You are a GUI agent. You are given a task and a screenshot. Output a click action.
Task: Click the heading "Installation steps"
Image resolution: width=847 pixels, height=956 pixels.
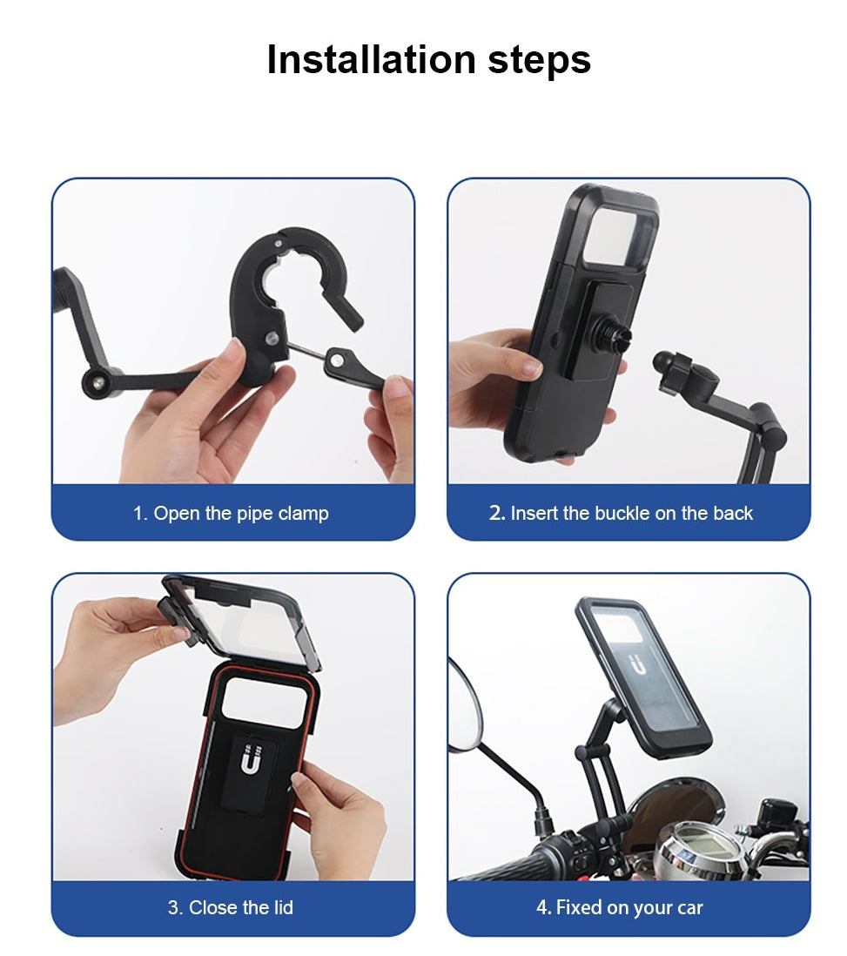click(x=428, y=60)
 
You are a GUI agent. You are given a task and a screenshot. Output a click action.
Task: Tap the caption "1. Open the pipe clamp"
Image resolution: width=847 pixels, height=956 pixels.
click(x=231, y=514)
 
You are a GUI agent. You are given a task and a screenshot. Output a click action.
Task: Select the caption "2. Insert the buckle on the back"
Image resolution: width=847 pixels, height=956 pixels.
click(x=621, y=514)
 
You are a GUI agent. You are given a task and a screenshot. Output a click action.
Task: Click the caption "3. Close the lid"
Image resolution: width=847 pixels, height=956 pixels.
click(x=231, y=908)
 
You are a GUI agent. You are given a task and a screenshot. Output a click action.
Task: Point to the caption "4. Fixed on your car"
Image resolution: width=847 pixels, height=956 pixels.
click(x=619, y=908)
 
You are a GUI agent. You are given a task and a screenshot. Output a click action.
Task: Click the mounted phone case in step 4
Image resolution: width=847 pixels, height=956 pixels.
click(x=642, y=677)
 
